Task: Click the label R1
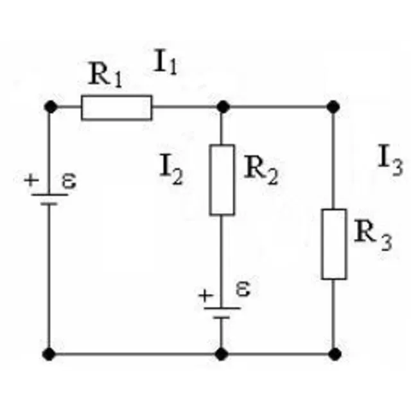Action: pos(105,74)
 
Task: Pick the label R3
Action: pos(373,236)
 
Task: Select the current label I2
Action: pos(171,170)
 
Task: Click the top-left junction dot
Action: pos(50,107)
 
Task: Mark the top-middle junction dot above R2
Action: pos(223,107)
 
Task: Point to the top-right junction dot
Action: pos(333,107)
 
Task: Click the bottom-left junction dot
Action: pos(49,354)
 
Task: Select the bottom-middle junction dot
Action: pos(221,354)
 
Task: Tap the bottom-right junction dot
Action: pos(335,354)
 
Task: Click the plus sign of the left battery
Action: pos(31,180)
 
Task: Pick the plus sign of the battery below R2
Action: pos(206,296)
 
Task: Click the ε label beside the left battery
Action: pos(69,181)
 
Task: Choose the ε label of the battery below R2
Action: pos(243,289)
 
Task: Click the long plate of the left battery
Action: pos(50,195)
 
